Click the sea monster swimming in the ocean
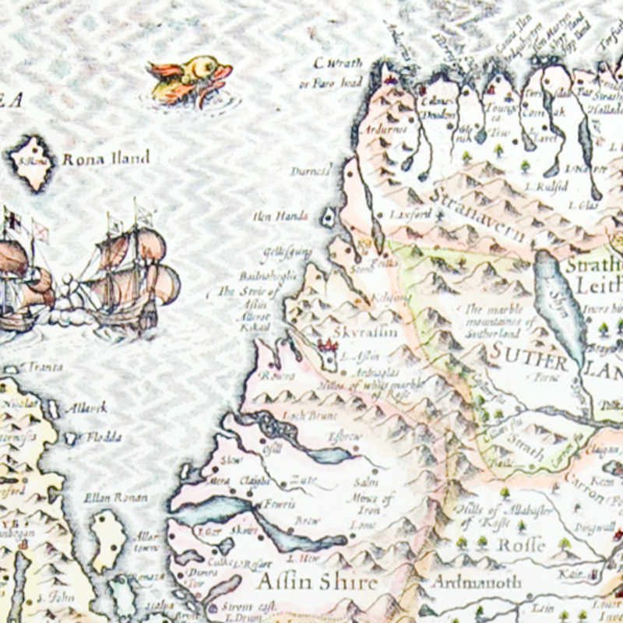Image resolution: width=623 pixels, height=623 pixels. pos(188,79)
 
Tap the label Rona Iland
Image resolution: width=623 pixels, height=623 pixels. pos(106,159)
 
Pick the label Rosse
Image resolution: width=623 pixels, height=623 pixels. pos(520,544)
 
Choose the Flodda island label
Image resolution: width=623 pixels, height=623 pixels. pos(103,438)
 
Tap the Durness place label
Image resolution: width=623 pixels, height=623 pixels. pos(311,170)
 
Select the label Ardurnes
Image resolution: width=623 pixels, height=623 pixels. pos(389,128)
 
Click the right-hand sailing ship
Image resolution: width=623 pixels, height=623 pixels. pos(132,269)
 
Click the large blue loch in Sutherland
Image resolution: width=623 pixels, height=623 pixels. pos(559,304)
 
